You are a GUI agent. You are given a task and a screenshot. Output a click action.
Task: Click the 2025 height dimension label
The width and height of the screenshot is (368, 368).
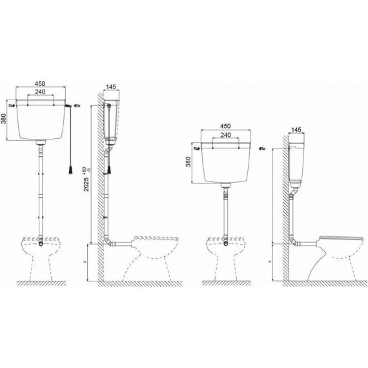point(87,184)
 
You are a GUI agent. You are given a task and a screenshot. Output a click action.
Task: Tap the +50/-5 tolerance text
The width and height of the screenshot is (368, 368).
point(86,170)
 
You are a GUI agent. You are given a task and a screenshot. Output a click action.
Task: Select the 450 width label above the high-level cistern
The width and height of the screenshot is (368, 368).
point(40,83)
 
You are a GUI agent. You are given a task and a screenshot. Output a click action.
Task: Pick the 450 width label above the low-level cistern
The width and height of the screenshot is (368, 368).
point(225,126)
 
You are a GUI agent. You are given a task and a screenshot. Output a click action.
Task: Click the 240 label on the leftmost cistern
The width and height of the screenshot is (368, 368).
point(41,92)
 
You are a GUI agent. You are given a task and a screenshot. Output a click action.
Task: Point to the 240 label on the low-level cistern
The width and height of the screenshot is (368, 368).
point(225,135)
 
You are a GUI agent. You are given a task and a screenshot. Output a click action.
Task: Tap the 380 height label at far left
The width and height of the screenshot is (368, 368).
point(4,119)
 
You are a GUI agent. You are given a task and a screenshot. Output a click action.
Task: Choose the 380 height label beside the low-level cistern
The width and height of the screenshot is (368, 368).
point(189,161)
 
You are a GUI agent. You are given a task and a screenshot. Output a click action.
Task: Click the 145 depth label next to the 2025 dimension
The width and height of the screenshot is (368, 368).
point(111,87)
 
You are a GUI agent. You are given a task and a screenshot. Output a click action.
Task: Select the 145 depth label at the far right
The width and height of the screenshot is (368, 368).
point(296,130)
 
